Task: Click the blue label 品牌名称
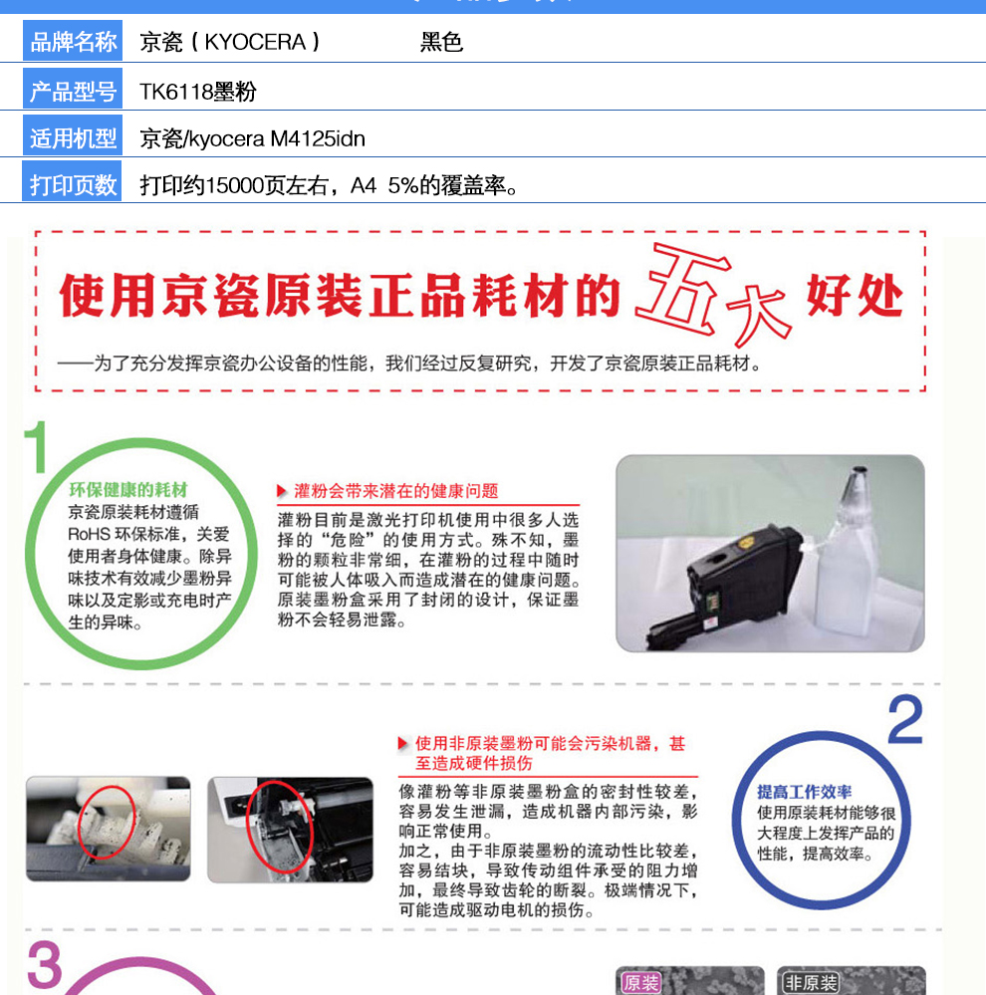pos(73,41)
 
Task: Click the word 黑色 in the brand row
pos(441,42)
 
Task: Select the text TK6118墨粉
pos(198,92)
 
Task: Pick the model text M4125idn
pos(318,138)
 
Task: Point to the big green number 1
pos(36,446)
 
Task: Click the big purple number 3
pos(45,964)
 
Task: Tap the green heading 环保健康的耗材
pos(128,489)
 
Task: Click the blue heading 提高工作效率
pos(804,791)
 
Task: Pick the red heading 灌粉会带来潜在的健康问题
pos(396,490)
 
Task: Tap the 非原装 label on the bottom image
pos(811,983)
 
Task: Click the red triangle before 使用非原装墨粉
pos(402,743)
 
